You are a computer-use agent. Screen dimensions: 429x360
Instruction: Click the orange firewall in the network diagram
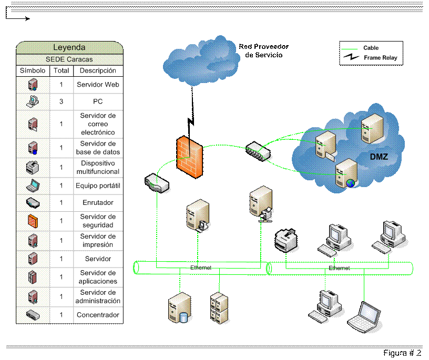tap(190, 157)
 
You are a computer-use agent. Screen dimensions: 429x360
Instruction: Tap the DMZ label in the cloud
tap(379, 157)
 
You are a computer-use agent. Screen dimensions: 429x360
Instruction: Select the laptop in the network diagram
tap(364, 317)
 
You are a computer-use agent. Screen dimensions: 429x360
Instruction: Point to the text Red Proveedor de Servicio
tap(264, 50)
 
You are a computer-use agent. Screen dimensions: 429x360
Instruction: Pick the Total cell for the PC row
tap(62, 101)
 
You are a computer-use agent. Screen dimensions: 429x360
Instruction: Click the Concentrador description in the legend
tap(98, 315)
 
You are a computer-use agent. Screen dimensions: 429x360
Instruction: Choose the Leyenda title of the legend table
tap(69, 47)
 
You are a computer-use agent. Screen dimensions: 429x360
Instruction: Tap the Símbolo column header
tap(33, 70)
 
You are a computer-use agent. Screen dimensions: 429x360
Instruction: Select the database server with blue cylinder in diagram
tap(179, 307)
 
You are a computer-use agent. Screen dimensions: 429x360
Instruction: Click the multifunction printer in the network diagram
tap(286, 240)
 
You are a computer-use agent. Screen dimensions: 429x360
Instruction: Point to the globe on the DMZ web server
tap(351, 183)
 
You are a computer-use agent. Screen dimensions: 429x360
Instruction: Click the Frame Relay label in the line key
tap(380, 58)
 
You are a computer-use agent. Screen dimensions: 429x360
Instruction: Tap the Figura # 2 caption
tap(402, 353)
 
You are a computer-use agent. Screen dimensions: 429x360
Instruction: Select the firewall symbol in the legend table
tap(33, 221)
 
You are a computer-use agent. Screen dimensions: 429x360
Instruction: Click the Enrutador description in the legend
tap(98, 202)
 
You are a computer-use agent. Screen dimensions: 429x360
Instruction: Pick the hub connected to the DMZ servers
tap(258, 151)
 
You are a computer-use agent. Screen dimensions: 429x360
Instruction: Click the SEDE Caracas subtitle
tap(69, 59)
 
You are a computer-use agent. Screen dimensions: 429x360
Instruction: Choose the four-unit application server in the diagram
tap(219, 308)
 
